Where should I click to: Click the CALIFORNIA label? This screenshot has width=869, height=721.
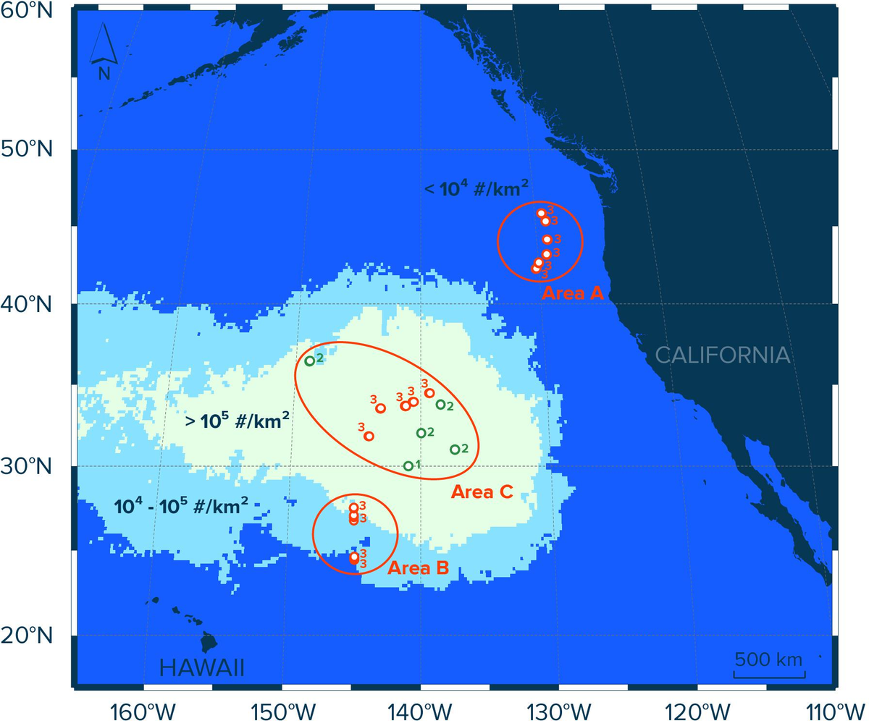[722, 355]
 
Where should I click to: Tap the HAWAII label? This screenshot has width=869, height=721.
[201, 667]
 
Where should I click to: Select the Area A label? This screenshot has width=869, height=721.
[572, 293]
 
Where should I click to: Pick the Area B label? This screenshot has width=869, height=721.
[418, 568]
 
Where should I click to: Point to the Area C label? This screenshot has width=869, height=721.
[482, 492]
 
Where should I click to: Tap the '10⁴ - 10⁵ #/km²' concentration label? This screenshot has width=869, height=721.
[181, 505]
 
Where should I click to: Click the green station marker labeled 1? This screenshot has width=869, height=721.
[408, 466]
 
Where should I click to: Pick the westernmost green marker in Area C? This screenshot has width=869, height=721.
[309, 360]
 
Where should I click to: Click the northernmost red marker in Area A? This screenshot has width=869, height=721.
[541, 213]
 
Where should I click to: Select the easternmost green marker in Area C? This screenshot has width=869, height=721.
[455, 450]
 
